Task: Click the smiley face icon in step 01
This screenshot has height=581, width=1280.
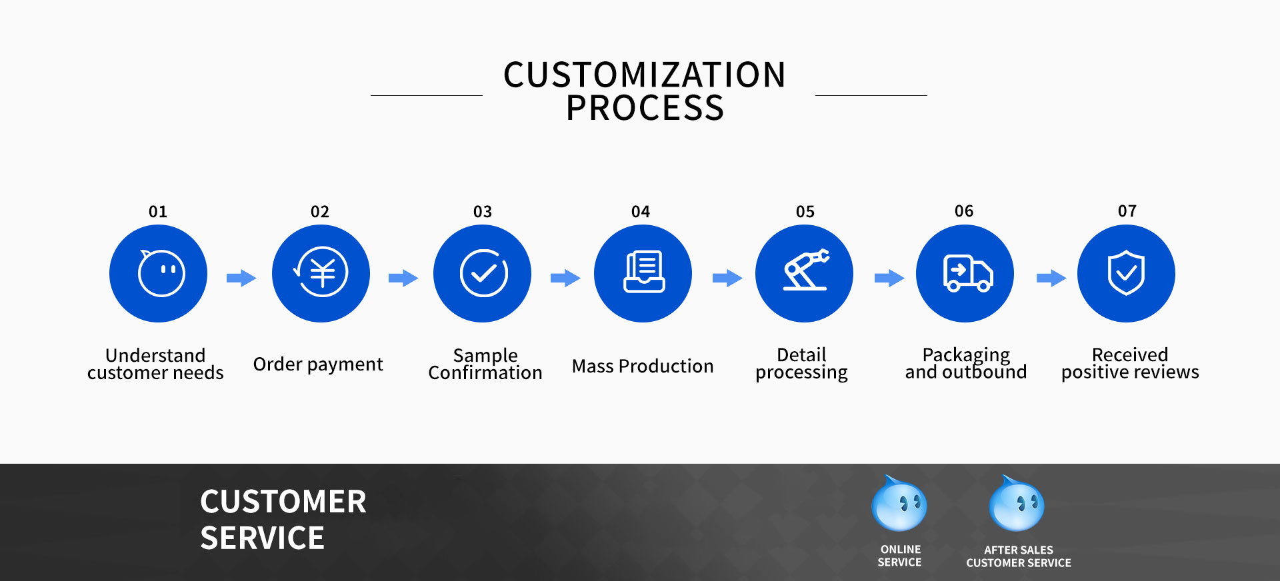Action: pyautogui.click(x=161, y=273)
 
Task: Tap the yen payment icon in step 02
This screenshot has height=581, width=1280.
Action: pyautogui.click(x=321, y=272)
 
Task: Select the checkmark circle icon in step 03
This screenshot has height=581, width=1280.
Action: pyautogui.click(x=484, y=273)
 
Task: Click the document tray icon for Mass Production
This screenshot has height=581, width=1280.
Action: pyautogui.click(x=644, y=272)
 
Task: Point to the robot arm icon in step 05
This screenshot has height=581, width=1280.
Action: pyautogui.click(x=805, y=270)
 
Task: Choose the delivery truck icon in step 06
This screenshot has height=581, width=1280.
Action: pyautogui.click(x=968, y=273)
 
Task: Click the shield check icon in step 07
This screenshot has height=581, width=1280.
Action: pyautogui.click(x=1126, y=273)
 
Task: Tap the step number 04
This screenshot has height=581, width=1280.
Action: pyautogui.click(x=641, y=212)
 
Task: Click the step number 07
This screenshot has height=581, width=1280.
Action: pyautogui.click(x=1127, y=211)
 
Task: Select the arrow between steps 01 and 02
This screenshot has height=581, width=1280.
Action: pyautogui.click(x=241, y=278)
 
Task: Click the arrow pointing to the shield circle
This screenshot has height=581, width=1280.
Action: pyautogui.click(x=1051, y=278)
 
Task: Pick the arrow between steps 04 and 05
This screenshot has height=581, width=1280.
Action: pyautogui.click(x=727, y=278)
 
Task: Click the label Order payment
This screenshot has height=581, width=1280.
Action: pyautogui.click(x=318, y=364)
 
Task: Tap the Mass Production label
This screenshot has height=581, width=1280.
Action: pyautogui.click(x=643, y=366)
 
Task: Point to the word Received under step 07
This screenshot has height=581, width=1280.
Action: pyautogui.click(x=1130, y=354)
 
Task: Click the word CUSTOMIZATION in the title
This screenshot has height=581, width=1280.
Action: pyautogui.click(x=645, y=75)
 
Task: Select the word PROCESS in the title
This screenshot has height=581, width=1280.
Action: pyautogui.click(x=645, y=108)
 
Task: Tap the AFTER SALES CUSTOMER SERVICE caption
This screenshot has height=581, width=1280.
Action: pyautogui.click(x=1019, y=556)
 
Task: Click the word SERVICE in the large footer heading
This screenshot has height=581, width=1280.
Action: pyautogui.click(x=262, y=538)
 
